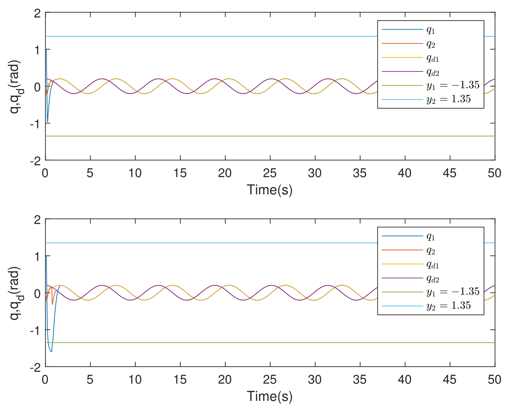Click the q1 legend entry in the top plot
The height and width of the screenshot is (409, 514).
click(x=431, y=30)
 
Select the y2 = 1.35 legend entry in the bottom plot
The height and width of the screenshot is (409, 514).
click(x=449, y=306)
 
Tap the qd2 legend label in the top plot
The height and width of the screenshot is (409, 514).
click(x=433, y=72)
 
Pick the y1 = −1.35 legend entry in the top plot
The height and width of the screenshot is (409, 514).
click(x=453, y=85)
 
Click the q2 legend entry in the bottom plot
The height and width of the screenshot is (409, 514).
click(x=431, y=251)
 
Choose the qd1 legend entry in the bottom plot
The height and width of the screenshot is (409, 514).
click(x=433, y=265)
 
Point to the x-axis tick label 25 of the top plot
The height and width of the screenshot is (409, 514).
click(x=270, y=173)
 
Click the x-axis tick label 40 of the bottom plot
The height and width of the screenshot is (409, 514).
click(x=405, y=380)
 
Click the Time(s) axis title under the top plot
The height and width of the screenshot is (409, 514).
click(x=270, y=190)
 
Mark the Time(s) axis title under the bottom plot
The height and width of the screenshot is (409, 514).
click(x=270, y=397)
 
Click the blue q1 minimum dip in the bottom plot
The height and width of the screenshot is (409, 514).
click(x=51, y=352)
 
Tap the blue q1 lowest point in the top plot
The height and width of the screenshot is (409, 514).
click(x=48, y=122)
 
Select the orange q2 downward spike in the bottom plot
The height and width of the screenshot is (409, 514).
click(x=52, y=304)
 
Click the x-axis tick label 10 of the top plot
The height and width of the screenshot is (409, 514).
click(x=135, y=173)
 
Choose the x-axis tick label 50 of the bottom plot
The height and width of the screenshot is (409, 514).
click(x=495, y=380)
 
